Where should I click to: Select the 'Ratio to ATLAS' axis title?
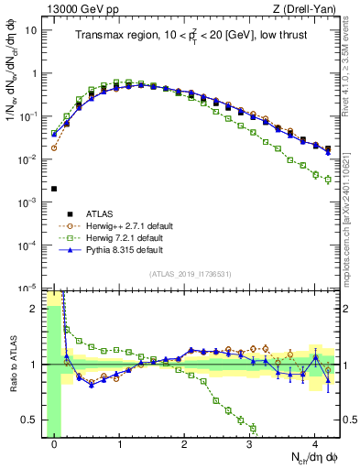tap(11, 364)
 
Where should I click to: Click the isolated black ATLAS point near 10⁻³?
tap(54, 189)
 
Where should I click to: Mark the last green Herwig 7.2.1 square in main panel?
tap(328, 180)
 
